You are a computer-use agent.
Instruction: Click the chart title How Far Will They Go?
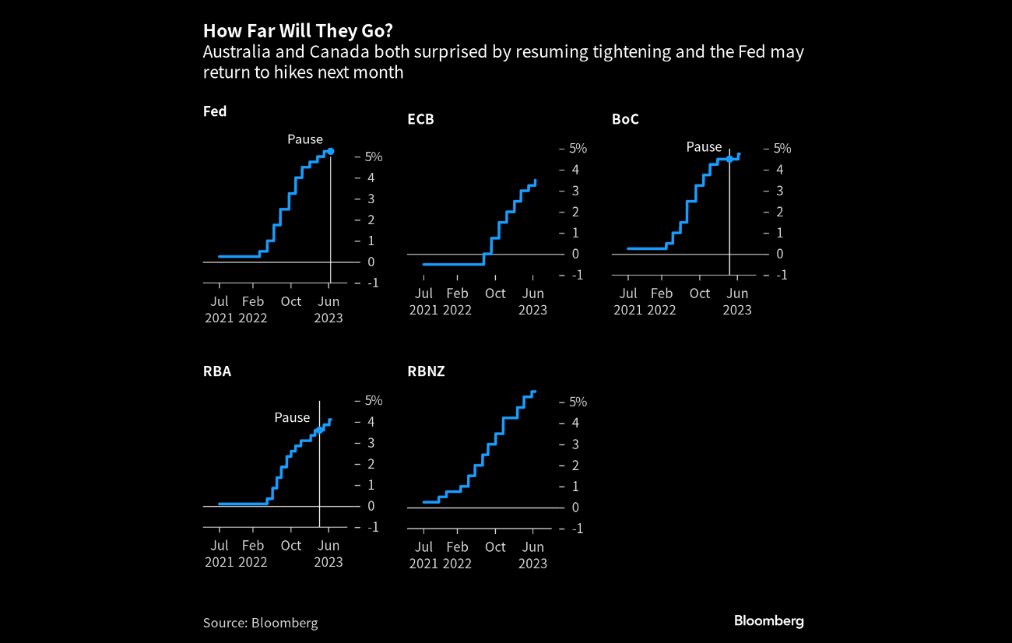tap(298, 30)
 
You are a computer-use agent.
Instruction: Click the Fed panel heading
tap(215, 111)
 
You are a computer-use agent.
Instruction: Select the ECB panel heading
tap(420, 119)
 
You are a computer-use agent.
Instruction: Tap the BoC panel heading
tap(625, 119)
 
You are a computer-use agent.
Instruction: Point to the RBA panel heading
tap(217, 371)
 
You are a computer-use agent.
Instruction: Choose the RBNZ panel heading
tap(426, 371)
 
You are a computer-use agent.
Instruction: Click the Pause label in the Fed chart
tap(305, 139)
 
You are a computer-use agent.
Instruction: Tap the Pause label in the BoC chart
tap(704, 146)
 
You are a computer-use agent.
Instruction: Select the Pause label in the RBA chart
tap(292, 417)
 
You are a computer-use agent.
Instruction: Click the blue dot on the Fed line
tap(330, 151)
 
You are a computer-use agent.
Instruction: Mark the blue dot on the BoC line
tap(729, 159)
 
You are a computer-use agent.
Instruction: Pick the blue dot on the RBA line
tap(319, 430)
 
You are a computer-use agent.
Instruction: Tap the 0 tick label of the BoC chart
tap(779, 254)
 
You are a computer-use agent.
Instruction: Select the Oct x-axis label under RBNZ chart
tap(495, 546)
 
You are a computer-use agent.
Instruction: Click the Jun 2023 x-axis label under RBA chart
tap(328, 553)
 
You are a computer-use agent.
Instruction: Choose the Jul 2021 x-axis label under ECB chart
tap(423, 301)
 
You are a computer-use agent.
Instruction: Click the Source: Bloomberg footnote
tap(260, 622)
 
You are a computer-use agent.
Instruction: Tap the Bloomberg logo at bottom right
tap(768, 620)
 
